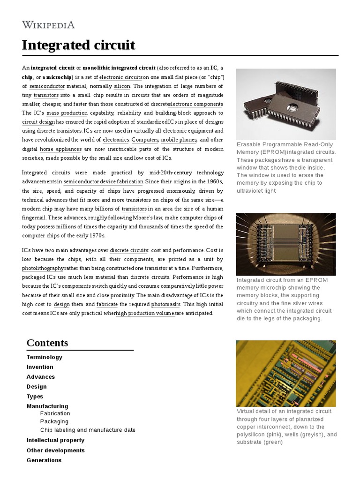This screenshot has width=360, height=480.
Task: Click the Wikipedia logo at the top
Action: pyautogui.click(x=48, y=25)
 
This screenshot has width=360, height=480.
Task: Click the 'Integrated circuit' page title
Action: pyautogui.click(x=78, y=45)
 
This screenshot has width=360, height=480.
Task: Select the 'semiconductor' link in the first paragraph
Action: pyautogui.click(x=46, y=86)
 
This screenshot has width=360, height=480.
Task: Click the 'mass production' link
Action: pyautogui.click(x=67, y=113)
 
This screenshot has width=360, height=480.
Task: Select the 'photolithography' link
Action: pyautogui.click(x=43, y=268)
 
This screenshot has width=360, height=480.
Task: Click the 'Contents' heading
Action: pyautogui.click(x=47, y=343)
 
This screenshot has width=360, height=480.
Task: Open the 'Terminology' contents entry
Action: pyautogui.click(x=45, y=357)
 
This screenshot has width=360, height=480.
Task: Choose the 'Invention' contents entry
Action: pyautogui.click(x=40, y=367)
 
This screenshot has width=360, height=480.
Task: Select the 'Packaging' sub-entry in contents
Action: pyautogui.click(x=54, y=421)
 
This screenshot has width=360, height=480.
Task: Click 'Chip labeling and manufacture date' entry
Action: pyautogui.click(x=88, y=430)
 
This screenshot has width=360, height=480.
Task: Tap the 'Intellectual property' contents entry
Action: pyautogui.click(x=55, y=440)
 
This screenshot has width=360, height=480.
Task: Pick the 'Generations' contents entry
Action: pyautogui.click(x=44, y=460)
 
